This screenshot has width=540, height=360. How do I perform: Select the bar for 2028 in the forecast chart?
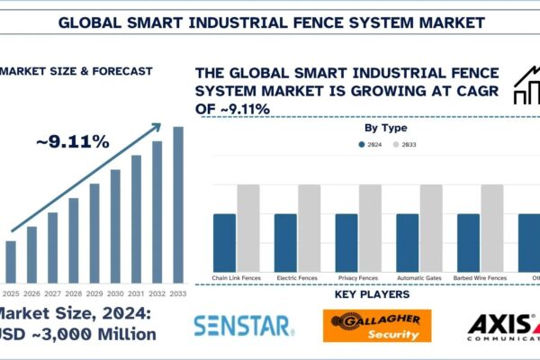pyautogui.click(x=74, y=239)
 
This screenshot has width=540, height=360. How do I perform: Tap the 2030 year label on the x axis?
pyautogui.click(x=115, y=293)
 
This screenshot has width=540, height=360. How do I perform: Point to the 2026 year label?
pyautogui.click(x=31, y=293)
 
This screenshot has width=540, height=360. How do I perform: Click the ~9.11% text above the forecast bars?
pyautogui.click(x=74, y=142)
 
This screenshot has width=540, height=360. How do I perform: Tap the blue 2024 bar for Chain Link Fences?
pyautogui.click(x=224, y=242)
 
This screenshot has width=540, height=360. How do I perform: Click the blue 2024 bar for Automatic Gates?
pyautogui.click(x=407, y=242)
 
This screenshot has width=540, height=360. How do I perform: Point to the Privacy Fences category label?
pyautogui.click(x=358, y=278)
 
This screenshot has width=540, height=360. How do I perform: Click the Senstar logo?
pyautogui.click(x=243, y=324)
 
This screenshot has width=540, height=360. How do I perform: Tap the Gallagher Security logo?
pyautogui.click(x=377, y=326)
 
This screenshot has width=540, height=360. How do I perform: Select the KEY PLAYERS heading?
pyautogui.click(x=372, y=294)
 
